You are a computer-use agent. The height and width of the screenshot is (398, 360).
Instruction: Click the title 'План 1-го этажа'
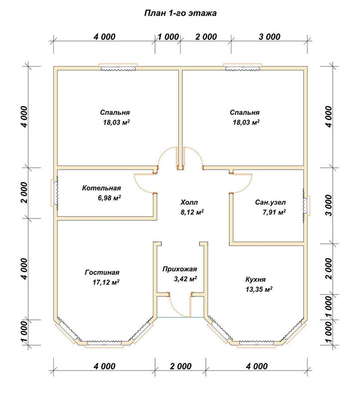180,13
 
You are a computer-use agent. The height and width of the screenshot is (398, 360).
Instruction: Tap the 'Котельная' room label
102,188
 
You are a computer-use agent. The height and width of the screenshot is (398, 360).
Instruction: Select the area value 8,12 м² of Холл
192,212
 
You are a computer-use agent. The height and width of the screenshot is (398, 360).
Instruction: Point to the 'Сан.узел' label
270,202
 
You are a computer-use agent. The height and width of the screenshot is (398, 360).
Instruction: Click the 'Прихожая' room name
180,269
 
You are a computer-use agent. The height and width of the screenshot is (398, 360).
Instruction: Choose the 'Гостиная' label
102,272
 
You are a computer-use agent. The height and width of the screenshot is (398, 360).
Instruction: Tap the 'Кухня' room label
255,280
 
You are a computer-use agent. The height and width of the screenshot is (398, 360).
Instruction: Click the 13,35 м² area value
259,289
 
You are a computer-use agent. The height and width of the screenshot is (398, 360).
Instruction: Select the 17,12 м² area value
106,282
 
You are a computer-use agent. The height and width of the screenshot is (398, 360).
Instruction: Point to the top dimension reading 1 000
168,37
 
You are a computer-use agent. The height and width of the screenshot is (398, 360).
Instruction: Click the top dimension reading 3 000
269,37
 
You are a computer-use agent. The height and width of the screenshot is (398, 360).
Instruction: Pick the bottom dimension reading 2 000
181,366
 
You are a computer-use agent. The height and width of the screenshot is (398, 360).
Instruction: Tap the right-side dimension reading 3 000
329,205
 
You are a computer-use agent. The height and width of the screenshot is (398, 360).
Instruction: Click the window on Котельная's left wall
55,193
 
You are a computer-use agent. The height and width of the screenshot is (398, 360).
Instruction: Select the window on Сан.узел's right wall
306,205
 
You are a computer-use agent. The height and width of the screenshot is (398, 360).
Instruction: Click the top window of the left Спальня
118,67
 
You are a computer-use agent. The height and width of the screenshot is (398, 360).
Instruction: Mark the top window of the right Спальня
242,67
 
